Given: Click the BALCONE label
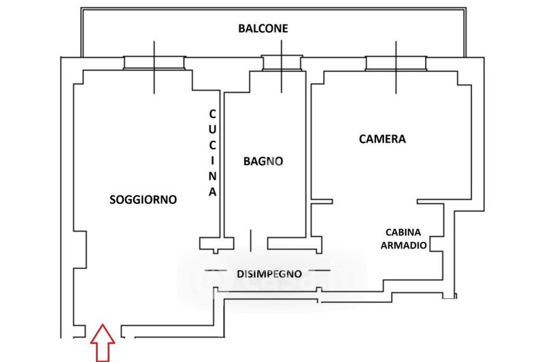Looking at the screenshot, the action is (x=263, y=29).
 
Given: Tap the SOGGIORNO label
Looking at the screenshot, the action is (x=143, y=200).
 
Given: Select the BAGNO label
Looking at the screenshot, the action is (x=263, y=161).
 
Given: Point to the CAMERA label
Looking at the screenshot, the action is (x=382, y=139).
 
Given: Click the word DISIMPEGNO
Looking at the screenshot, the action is (x=269, y=274).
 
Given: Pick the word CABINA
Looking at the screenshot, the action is (x=403, y=232).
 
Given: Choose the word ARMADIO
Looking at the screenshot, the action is (x=403, y=245).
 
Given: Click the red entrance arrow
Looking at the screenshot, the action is (x=103, y=343).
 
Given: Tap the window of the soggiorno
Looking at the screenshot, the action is (x=154, y=63).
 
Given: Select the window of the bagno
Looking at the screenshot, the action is (x=282, y=62).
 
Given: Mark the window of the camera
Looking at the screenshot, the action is (x=396, y=63).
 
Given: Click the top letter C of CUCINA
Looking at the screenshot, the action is (x=212, y=113).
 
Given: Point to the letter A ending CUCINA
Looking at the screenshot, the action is (x=212, y=192).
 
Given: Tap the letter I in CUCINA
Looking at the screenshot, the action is (x=212, y=161).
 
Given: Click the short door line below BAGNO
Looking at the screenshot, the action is (x=250, y=240).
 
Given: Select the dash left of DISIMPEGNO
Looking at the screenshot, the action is (x=216, y=270).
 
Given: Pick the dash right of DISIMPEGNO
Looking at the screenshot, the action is (x=320, y=270).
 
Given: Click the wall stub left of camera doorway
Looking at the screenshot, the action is (x=322, y=201).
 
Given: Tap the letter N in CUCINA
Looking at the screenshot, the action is (x=212, y=176).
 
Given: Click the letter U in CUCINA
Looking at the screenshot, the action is (x=212, y=129).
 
